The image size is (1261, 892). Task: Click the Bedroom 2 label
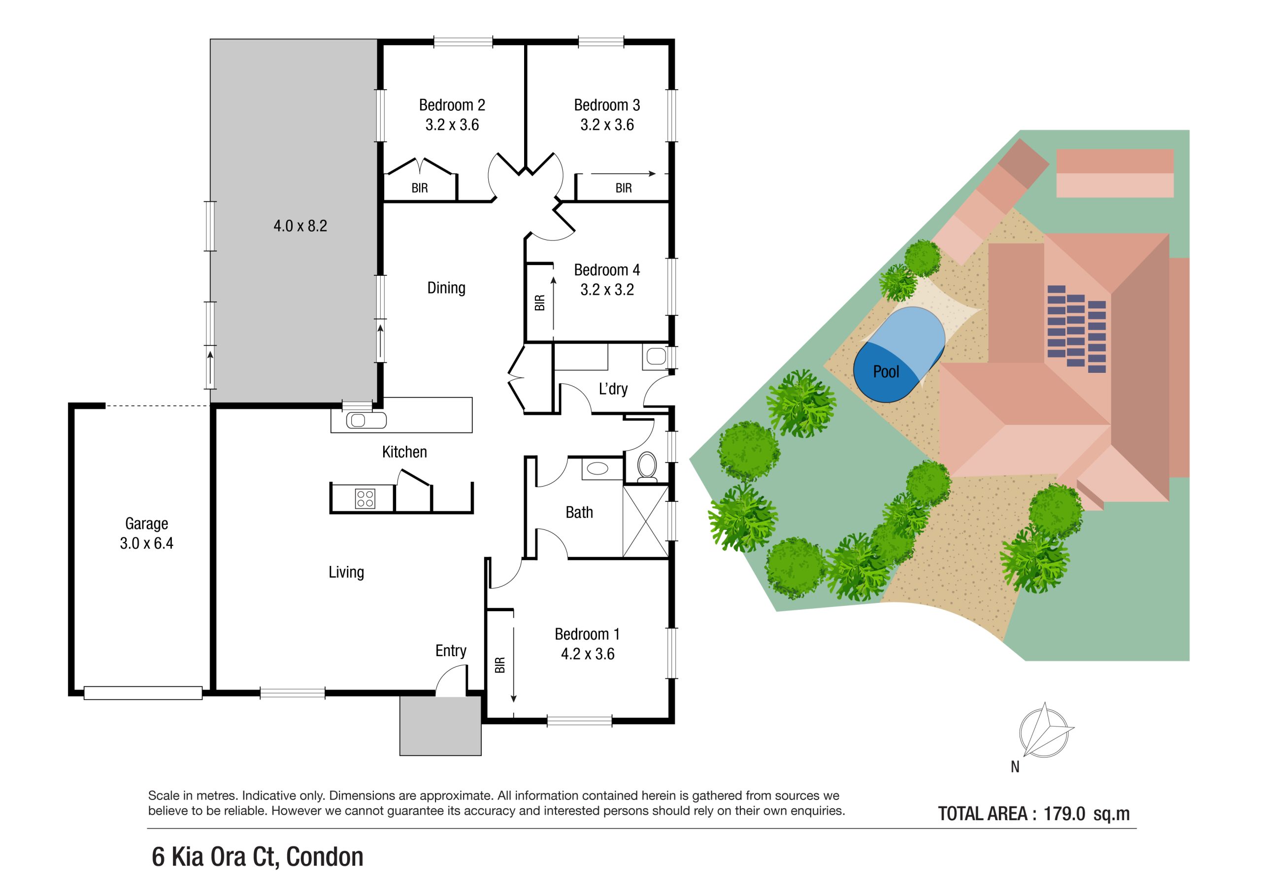(x=452, y=105)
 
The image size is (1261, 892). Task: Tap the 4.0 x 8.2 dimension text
(x=300, y=226)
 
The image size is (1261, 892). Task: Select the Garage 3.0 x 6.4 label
(x=146, y=533)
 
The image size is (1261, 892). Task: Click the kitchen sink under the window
(x=366, y=421)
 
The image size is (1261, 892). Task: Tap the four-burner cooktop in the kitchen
(x=365, y=498)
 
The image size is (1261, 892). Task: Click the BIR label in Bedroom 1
(x=500, y=665)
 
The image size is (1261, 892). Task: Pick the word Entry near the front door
(x=450, y=651)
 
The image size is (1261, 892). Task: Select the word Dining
(x=446, y=288)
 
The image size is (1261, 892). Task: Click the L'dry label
(x=613, y=389)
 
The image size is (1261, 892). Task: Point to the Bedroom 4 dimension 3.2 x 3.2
(x=607, y=290)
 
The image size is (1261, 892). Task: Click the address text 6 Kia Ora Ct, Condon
(x=258, y=857)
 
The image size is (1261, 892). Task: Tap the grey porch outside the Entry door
(x=440, y=726)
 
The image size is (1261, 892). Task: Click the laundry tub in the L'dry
(x=655, y=357)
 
